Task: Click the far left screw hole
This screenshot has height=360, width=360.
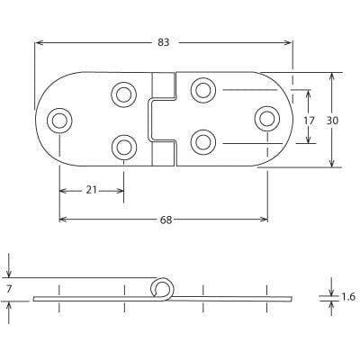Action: click(59, 119)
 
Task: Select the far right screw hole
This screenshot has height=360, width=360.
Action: click(267, 116)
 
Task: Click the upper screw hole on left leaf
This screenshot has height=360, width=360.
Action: click(123, 93)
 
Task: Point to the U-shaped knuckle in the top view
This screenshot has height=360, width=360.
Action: click(163, 120)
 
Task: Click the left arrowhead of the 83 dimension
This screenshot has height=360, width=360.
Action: click(38, 41)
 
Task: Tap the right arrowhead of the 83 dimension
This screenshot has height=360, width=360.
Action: click(290, 41)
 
